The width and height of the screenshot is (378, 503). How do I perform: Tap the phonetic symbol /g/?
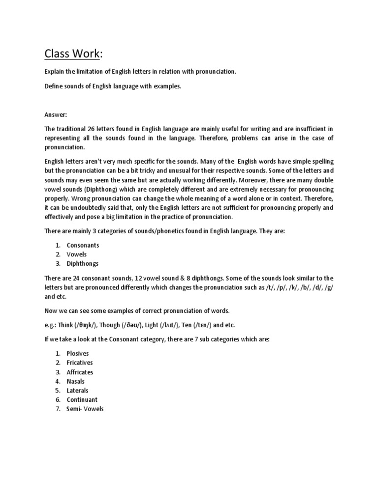(x=327, y=287)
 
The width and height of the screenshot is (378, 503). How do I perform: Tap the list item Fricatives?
(x=80, y=363)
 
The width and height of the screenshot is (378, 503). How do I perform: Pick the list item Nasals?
(x=76, y=381)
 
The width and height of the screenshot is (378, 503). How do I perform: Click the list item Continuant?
(x=82, y=400)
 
